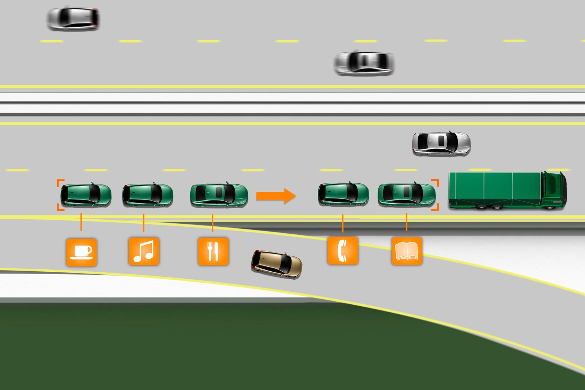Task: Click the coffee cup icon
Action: pos(81,252)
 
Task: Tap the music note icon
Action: pos(144,251)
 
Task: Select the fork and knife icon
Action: pos(213,251)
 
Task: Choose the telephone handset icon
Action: pos(342,251)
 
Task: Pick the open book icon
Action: pos(406,251)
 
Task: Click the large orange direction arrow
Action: pos(276,196)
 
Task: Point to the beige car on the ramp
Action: pos(276,264)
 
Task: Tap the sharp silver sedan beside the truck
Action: pos(441,144)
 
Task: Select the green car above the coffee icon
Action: pos(86,195)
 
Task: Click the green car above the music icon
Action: pos(148,195)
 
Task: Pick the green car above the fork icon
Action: pos(219,195)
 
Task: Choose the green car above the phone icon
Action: pos(343,194)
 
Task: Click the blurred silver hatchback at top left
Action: pos(73,18)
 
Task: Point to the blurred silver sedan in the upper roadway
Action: pos(364,63)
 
